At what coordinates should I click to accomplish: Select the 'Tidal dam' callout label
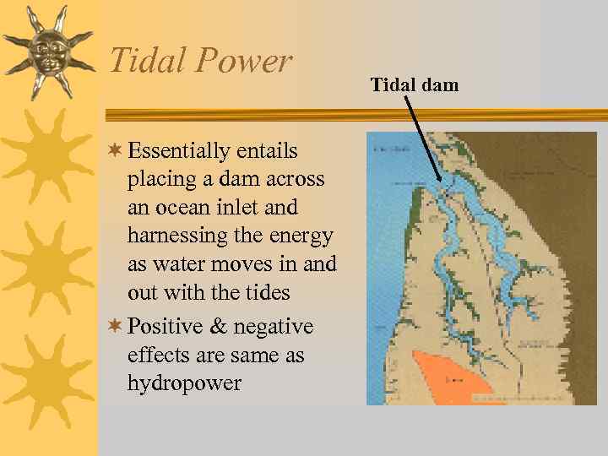click(414, 84)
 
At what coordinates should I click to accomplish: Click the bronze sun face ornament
click(48, 50)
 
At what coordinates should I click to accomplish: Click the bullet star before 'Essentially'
click(116, 150)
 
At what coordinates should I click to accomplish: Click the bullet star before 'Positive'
click(116, 326)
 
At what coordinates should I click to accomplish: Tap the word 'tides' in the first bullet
click(267, 293)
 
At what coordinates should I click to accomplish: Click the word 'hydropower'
click(184, 383)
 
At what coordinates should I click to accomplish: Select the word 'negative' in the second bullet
click(273, 327)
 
